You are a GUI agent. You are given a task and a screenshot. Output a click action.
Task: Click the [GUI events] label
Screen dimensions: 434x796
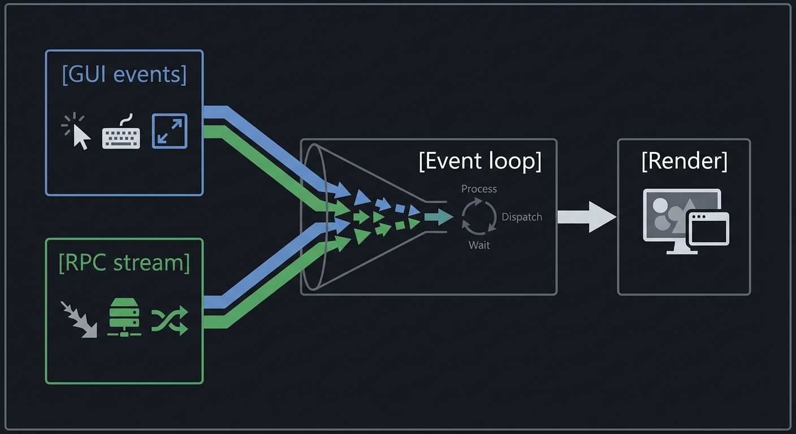[x=124, y=75]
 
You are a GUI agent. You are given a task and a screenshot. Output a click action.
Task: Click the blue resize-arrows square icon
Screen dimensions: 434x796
[x=170, y=131]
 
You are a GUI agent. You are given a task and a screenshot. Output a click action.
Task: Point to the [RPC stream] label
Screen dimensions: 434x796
[x=124, y=263]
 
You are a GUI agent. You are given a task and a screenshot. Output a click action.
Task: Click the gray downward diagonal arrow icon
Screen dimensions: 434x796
[x=79, y=319]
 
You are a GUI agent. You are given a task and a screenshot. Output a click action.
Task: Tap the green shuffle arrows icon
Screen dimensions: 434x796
[x=169, y=321]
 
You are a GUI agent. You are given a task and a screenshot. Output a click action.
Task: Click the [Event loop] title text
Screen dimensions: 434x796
[x=480, y=162]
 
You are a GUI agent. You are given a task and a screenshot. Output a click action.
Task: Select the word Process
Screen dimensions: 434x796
[x=479, y=189]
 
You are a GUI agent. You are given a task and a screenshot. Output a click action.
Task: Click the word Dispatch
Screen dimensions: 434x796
[x=521, y=217]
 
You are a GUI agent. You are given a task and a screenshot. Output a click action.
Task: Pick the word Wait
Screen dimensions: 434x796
[x=479, y=245]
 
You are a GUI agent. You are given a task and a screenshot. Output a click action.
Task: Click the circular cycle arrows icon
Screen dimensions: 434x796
[x=479, y=217]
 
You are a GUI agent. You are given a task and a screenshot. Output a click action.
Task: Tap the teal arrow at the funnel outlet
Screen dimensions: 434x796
[x=439, y=216]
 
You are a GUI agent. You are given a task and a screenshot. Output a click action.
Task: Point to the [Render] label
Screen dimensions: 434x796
[x=684, y=162]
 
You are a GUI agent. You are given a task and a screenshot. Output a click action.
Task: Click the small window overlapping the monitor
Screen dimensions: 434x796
[x=708, y=229]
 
